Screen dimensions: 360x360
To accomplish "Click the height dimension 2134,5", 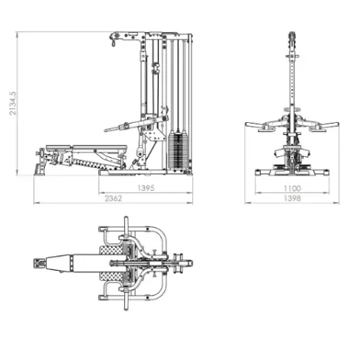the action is coord(13,104).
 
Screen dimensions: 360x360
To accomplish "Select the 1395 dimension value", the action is coord(146,188).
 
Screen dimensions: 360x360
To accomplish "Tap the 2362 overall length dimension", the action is coord(114,198).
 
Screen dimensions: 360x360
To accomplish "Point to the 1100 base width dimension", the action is coord(292,188).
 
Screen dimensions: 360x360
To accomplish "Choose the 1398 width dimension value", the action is coord(292,198).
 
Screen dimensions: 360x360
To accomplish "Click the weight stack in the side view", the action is coord(178,151).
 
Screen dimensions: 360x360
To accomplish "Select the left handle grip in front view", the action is coord(253,125).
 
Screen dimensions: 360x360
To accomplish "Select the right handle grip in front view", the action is coord(331,125).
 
